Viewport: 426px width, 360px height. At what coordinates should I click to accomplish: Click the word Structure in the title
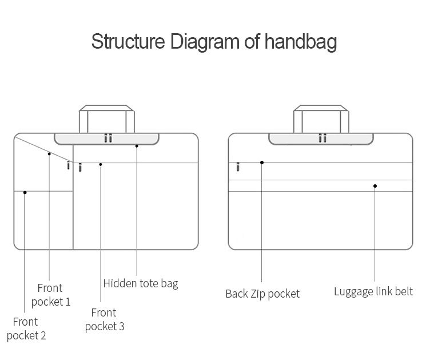[128, 41]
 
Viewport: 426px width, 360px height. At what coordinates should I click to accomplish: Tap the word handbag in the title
[301, 42]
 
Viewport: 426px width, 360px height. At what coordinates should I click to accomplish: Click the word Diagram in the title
[205, 42]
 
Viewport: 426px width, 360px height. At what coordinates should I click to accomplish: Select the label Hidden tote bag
[141, 284]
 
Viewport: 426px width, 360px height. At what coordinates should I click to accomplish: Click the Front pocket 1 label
[51, 295]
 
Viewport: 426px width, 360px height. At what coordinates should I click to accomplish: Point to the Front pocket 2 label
[26, 329]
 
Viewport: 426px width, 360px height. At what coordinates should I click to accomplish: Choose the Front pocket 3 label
[105, 319]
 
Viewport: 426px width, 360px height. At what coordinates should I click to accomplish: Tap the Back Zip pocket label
[262, 294]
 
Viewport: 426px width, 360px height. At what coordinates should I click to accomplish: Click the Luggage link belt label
[373, 291]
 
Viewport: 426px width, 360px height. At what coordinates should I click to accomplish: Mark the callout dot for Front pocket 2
[25, 192]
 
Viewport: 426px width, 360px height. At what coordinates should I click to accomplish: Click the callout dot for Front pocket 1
[49, 154]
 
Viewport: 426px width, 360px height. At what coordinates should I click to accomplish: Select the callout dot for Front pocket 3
[101, 164]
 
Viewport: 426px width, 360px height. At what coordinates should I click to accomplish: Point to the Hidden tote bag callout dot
[137, 146]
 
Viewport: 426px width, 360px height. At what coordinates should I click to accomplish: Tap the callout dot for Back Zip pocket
[262, 163]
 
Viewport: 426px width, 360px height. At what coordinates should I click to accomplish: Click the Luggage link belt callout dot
[375, 186]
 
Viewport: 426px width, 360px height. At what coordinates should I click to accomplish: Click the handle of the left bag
[107, 119]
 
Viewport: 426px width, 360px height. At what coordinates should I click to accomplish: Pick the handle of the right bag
[321, 119]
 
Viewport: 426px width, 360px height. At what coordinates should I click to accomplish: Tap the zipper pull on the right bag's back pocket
[238, 167]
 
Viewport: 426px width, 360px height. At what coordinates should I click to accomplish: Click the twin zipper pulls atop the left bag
[108, 138]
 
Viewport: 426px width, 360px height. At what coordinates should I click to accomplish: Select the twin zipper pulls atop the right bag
[323, 138]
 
